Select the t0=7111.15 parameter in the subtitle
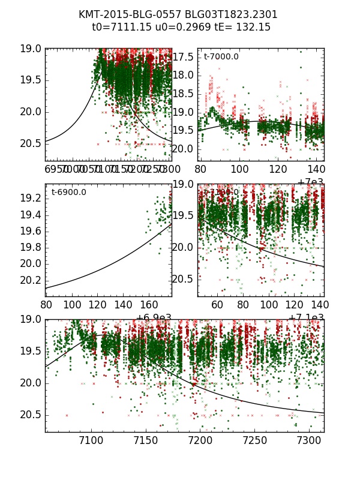(x=119, y=27)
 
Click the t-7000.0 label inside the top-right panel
(x=221, y=57)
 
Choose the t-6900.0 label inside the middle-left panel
(x=68, y=193)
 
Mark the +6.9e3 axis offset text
(x=154, y=318)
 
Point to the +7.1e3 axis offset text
(x=306, y=318)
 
